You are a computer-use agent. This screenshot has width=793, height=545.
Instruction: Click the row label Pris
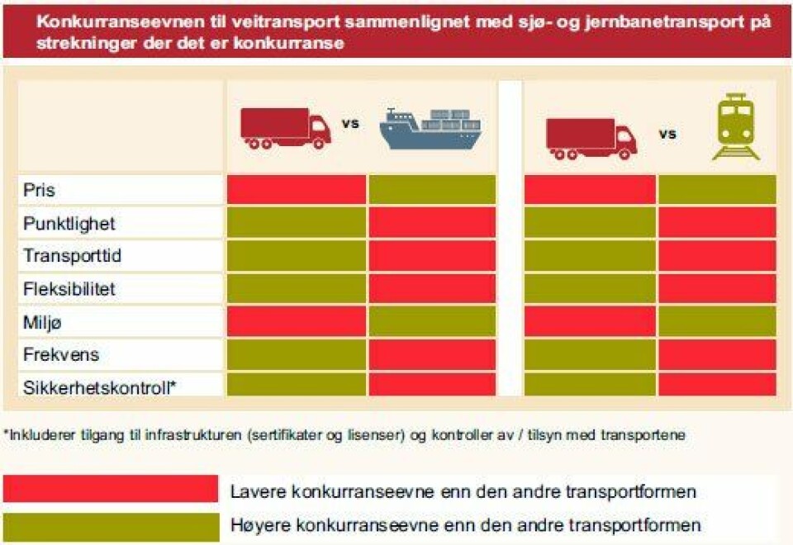[40, 190]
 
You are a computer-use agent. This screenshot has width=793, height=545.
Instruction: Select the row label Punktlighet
[69, 224]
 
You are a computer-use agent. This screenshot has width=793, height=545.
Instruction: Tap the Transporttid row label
[73, 256]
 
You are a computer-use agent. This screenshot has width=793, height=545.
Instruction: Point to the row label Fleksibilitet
[69, 289]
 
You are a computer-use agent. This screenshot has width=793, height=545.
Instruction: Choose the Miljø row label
[40, 322]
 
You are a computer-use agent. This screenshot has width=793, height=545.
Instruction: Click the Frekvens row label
[61, 355]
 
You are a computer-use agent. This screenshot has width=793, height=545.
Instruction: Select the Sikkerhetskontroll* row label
[100, 386]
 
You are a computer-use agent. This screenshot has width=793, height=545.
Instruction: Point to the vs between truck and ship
[350, 125]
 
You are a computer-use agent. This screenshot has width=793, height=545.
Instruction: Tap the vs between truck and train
[667, 133]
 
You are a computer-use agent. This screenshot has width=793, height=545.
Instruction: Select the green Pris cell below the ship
[432, 189]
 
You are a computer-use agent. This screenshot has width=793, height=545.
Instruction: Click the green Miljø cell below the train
[717, 321]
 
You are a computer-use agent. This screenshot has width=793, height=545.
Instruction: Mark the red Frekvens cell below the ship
[432, 354]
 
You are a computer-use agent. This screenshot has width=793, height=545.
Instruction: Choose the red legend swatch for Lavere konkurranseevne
[111, 488]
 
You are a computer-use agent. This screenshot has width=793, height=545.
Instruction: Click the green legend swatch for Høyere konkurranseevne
[111, 526]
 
